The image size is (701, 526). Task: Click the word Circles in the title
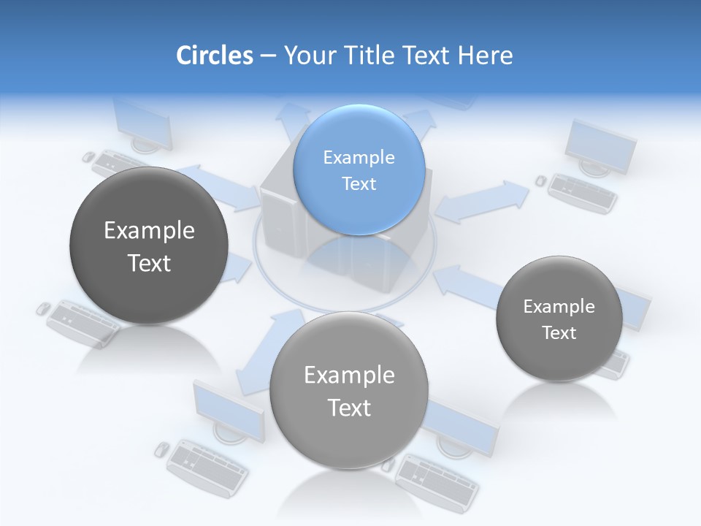click(214, 56)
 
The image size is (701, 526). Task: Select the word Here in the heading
click(486, 56)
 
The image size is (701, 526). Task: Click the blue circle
click(359, 169)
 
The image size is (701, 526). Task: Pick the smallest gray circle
click(559, 319)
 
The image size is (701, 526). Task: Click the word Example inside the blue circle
click(359, 157)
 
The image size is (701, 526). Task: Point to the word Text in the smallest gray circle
click(559, 333)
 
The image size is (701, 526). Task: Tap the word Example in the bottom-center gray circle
click(349, 376)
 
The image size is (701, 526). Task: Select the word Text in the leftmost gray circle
click(149, 263)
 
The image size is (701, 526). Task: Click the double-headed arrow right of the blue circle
click(481, 202)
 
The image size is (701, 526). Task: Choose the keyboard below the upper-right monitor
click(583, 192)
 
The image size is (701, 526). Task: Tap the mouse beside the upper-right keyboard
click(540, 180)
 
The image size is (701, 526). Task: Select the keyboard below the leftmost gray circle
click(82, 321)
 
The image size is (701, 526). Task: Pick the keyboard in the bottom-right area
click(437, 479)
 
